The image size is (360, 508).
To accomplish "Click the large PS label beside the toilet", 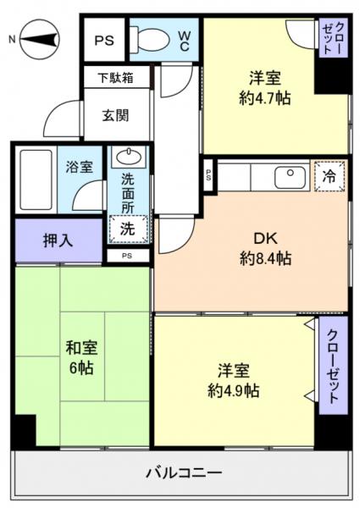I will [x=105, y=40].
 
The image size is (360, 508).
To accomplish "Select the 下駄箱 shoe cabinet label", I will [x=116, y=79].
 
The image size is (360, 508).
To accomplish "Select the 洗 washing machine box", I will [x=127, y=228].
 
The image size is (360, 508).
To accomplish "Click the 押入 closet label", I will [x=35, y=240].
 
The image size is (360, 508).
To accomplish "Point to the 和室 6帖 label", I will [x=80, y=357].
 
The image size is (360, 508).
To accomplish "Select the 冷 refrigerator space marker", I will [x=329, y=176].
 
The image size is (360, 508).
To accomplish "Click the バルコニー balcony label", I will [x=185, y=472].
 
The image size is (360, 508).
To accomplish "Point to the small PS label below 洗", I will [x=127, y=255].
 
